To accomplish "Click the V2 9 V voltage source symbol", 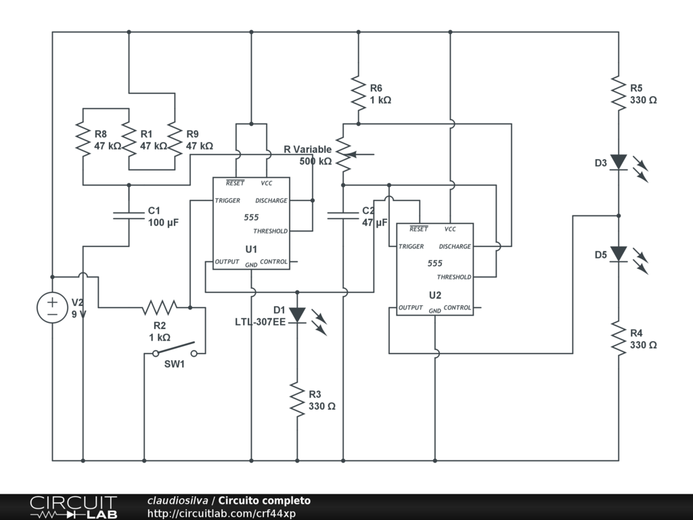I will (52, 307).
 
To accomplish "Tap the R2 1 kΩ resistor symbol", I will (159, 307).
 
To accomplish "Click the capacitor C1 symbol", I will (129, 215).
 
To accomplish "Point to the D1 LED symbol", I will (297, 316).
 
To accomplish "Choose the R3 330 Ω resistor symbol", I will (297, 399).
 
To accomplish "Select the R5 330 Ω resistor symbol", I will (619, 93).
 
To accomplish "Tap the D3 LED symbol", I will (619, 162).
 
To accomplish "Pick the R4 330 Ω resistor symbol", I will (619, 338).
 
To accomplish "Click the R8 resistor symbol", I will (83, 139).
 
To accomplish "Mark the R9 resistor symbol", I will (175, 139).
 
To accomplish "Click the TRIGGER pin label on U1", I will (227, 200).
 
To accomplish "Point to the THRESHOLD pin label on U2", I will (454, 277).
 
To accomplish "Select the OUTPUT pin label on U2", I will (411, 307).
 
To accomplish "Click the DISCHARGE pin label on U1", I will (271, 200).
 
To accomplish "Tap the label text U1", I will (251, 248).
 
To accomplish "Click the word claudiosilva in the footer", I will (178, 501).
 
